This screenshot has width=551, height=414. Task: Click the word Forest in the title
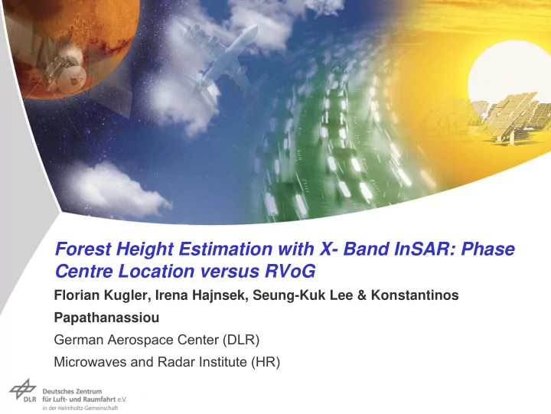(83, 249)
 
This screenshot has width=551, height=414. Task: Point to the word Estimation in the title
(225, 249)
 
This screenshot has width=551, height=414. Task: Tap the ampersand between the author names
(361, 295)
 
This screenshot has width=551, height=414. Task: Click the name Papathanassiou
(106, 318)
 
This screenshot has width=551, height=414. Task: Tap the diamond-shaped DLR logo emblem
(23, 389)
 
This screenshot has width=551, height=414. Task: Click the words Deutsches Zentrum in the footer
(72, 391)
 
